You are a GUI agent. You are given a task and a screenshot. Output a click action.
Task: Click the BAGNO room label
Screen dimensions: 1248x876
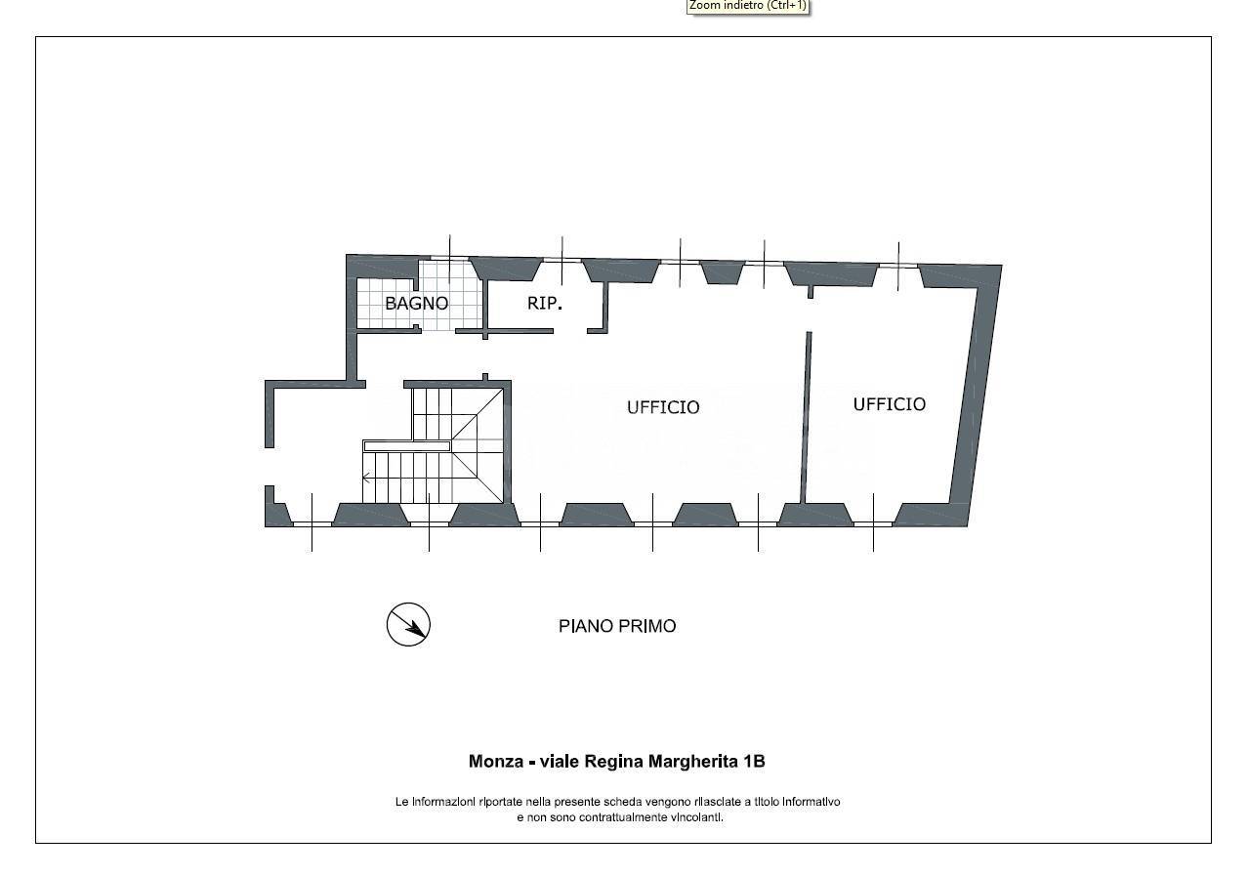pos(417,303)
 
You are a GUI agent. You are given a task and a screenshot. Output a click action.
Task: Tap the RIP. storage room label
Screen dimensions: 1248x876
pos(545,303)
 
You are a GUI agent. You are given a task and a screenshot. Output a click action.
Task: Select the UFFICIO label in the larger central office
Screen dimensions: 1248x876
pos(663,407)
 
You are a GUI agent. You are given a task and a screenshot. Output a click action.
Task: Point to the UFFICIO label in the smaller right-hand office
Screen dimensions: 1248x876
pos(890,404)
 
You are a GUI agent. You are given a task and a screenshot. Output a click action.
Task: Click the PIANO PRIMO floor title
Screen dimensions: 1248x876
pos(617,626)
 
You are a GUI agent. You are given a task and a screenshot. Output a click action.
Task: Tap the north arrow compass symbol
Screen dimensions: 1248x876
pos(408,625)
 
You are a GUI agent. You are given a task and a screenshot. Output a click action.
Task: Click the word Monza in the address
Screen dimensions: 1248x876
pos(496,761)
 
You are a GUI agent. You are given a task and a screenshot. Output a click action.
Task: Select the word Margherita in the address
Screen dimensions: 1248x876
pos(694,763)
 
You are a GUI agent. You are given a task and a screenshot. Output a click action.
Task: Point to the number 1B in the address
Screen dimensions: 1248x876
pos(755,761)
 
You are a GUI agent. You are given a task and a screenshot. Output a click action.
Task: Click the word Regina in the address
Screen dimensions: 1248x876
pos(614,763)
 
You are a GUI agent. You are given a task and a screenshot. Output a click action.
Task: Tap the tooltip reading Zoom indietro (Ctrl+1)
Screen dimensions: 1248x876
pos(748,6)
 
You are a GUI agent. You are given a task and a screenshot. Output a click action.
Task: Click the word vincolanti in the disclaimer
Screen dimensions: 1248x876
pos(697,817)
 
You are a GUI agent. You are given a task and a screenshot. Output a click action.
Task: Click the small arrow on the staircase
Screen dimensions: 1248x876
pos(367,477)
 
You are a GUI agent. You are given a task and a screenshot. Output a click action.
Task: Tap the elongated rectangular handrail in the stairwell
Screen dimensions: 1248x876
pos(406,445)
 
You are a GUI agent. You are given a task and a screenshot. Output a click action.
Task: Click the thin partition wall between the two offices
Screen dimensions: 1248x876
pos(806,417)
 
